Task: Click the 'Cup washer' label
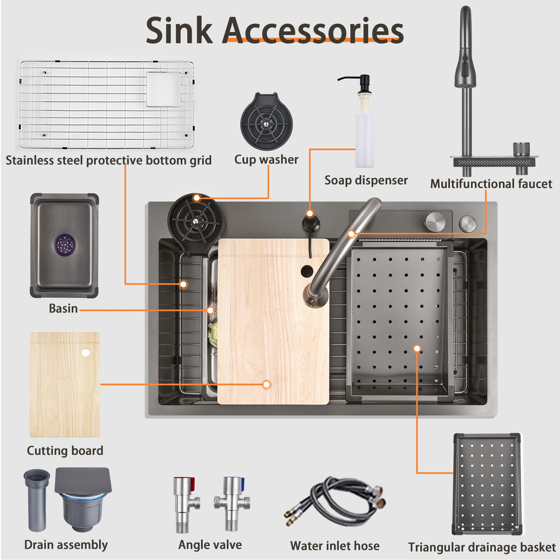[266, 160]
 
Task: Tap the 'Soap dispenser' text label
[366, 180]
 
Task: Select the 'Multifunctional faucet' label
[491, 184]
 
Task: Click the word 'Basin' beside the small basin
[63, 308]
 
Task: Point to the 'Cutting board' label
[65, 451]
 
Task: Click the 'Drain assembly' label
[66, 545]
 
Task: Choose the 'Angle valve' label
[210, 545]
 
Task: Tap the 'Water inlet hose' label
[335, 546]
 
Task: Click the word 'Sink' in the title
[179, 31]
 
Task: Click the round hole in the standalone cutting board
[85, 353]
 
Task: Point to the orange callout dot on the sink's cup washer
[197, 198]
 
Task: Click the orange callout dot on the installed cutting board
[266, 385]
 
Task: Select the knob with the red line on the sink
[435, 222]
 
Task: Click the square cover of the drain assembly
[83, 480]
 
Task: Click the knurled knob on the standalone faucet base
[521, 150]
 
